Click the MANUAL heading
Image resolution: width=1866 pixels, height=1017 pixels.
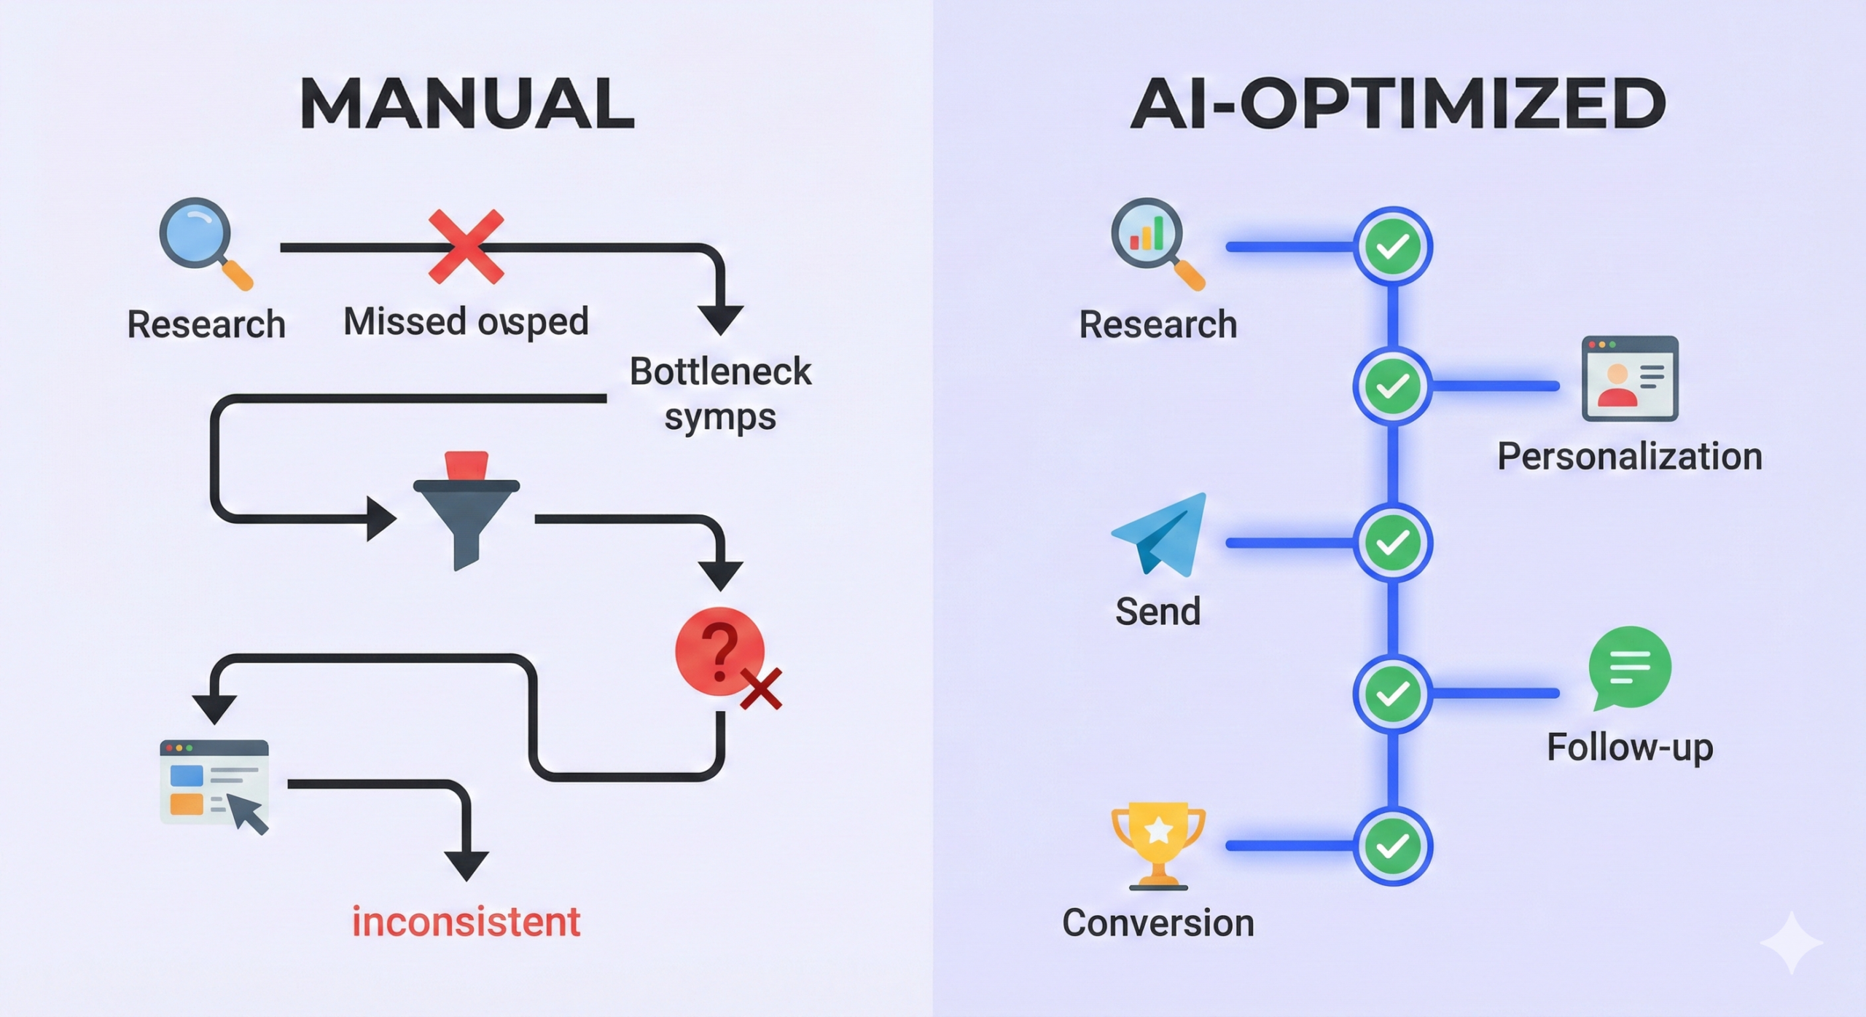pyautogui.click(x=466, y=104)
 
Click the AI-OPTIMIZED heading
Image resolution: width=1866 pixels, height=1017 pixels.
pyautogui.click(x=1398, y=104)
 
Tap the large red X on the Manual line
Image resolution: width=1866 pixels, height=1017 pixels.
pyautogui.click(x=466, y=246)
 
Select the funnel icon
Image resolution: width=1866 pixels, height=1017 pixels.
pyautogui.click(x=466, y=510)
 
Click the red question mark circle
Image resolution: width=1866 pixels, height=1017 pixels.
pyautogui.click(x=719, y=651)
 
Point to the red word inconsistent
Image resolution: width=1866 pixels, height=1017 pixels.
pyautogui.click(x=466, y=922)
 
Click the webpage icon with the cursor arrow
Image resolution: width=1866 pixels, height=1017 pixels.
pyautogui.click(x=214, y=785)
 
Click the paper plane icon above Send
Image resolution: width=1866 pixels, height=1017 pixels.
pyautogui.click(x=1160, y=535)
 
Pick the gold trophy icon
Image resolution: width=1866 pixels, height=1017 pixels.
pyautogui.click(x=1158, y=845)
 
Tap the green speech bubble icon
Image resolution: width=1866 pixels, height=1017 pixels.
pyautogui.click(x=1629, y=667)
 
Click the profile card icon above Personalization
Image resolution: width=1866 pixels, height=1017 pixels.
pyautogui.click(x=1630, y=378)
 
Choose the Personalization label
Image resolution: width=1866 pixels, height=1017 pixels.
pyautogui.click(x=1630, y=457)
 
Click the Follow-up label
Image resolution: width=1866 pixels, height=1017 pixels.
pyautogui.click(x=1630, y=747)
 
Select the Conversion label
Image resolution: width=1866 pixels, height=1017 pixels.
pyautogui.click(x=1158, y=923)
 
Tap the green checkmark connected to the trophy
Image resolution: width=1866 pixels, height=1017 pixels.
pyautogui.click(x=1393, y=846)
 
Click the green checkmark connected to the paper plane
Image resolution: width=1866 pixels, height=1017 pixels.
pyautogui.click(x=1393, y=543)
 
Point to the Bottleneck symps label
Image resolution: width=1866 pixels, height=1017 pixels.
pyautogui.click(x=720, y=393)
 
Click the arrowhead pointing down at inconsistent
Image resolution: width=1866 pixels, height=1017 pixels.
pyautogui.click(x=466, y=865)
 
